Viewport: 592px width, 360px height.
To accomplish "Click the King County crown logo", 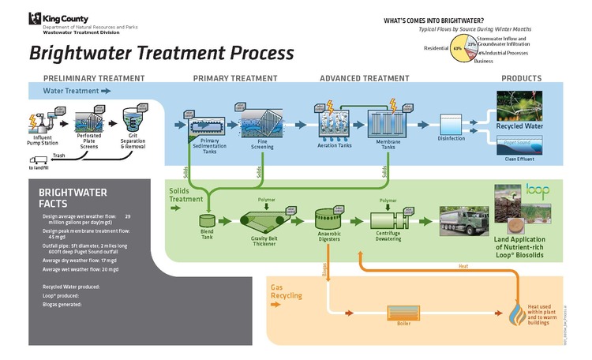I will (x=35, y=19).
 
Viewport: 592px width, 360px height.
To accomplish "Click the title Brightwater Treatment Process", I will (x=162, y=53).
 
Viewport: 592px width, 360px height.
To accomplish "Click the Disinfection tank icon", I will (x=452, y=123).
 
